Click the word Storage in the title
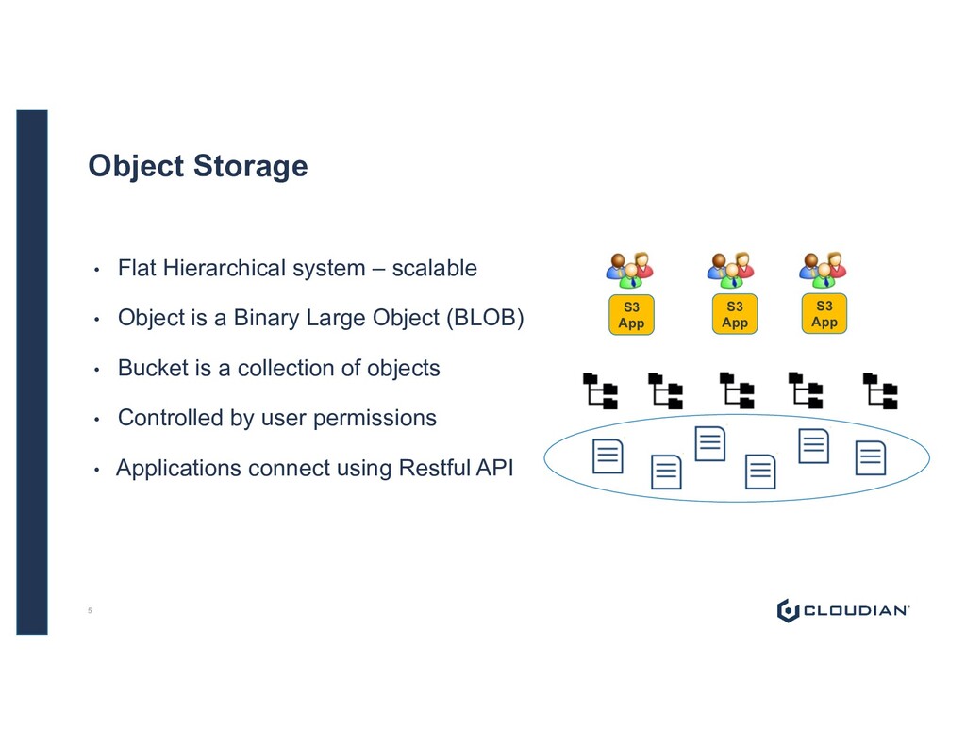pyautogui.click(x=250, y=166)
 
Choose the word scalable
pyautogui.click(x=434, y=269)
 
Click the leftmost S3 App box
pyautogui.click(x=631, y=315)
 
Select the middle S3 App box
pyautogui.click(x=735, y=315)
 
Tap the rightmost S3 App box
pyautogui.click(x=824, y=314)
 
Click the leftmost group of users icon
pyautogui.click(x=629, y=270)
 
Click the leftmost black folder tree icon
pyautogui.click(x=600, y=390)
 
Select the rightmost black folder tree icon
pyautogui.click(x=881, y=390)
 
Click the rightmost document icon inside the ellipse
pyautogui.click(x=871, y=457)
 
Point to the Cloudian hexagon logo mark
pyautogui.click(x=788, y=610)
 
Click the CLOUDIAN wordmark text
pyautogui.click(x=855, y=611)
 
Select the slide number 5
pyautogui.click(x=90, y=611)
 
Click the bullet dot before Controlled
pyautogui.click(x=96, y=419)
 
